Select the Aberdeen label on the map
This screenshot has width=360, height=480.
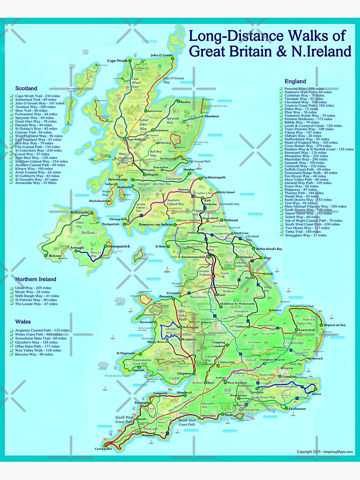pos(212,116)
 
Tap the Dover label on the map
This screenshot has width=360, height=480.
pos(317,394)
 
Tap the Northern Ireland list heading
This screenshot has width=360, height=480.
pos(36,279)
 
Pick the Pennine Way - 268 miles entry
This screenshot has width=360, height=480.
pos(307,89)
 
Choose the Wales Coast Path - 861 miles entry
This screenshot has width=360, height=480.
pos(40,335)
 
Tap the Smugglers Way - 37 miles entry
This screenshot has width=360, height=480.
pos(305,235)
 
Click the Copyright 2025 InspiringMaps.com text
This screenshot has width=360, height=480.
pos(324,452)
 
